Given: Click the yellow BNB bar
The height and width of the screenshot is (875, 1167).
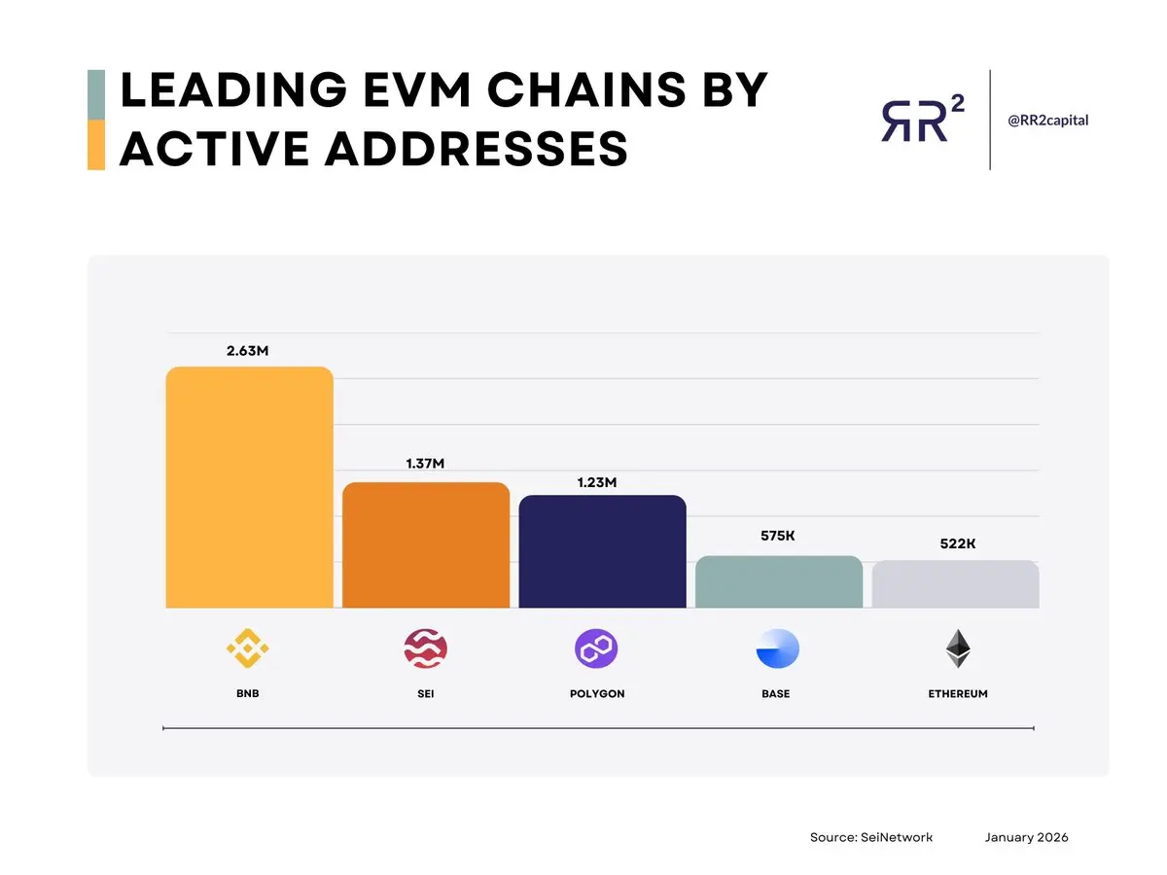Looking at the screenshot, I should click(x=249, y=487).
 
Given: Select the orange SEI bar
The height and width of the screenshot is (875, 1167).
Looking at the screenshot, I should click(x=425, y=544).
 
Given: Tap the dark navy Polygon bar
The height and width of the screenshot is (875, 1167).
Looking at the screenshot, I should click(x=602, y=551).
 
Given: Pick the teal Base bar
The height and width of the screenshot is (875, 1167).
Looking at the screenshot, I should click(x=778, y=581).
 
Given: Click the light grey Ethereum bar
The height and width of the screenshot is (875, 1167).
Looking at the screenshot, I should click(x=955, y=584).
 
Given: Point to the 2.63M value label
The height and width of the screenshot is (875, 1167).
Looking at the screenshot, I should click(x=247, y=351).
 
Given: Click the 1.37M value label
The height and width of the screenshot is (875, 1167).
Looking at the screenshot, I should click(x=425, y=464).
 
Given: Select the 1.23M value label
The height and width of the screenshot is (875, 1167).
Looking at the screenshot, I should click(x=597, y=481).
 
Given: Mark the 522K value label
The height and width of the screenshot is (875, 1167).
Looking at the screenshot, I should click(x=958, y=543).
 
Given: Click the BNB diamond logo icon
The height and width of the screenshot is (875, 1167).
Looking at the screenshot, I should click(x=247, y=648).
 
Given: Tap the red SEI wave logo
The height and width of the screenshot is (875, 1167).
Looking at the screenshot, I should click(x=425, y=648).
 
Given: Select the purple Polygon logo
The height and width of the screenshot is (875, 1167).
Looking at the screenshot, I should click(x=596, y=648).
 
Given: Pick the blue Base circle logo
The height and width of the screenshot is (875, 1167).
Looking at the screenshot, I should click(x=777, y=649).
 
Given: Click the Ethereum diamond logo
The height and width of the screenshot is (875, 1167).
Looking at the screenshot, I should click(x=958, y=648).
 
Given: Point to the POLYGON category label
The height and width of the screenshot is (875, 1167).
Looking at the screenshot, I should click(x=597, y=694).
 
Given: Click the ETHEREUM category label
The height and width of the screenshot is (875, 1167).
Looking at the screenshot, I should click(x=958, y=694).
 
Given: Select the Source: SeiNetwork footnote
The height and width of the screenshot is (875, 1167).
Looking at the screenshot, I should click(x=870, y=837).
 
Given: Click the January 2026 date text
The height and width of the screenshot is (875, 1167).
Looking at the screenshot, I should click(x=1026, y=837).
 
